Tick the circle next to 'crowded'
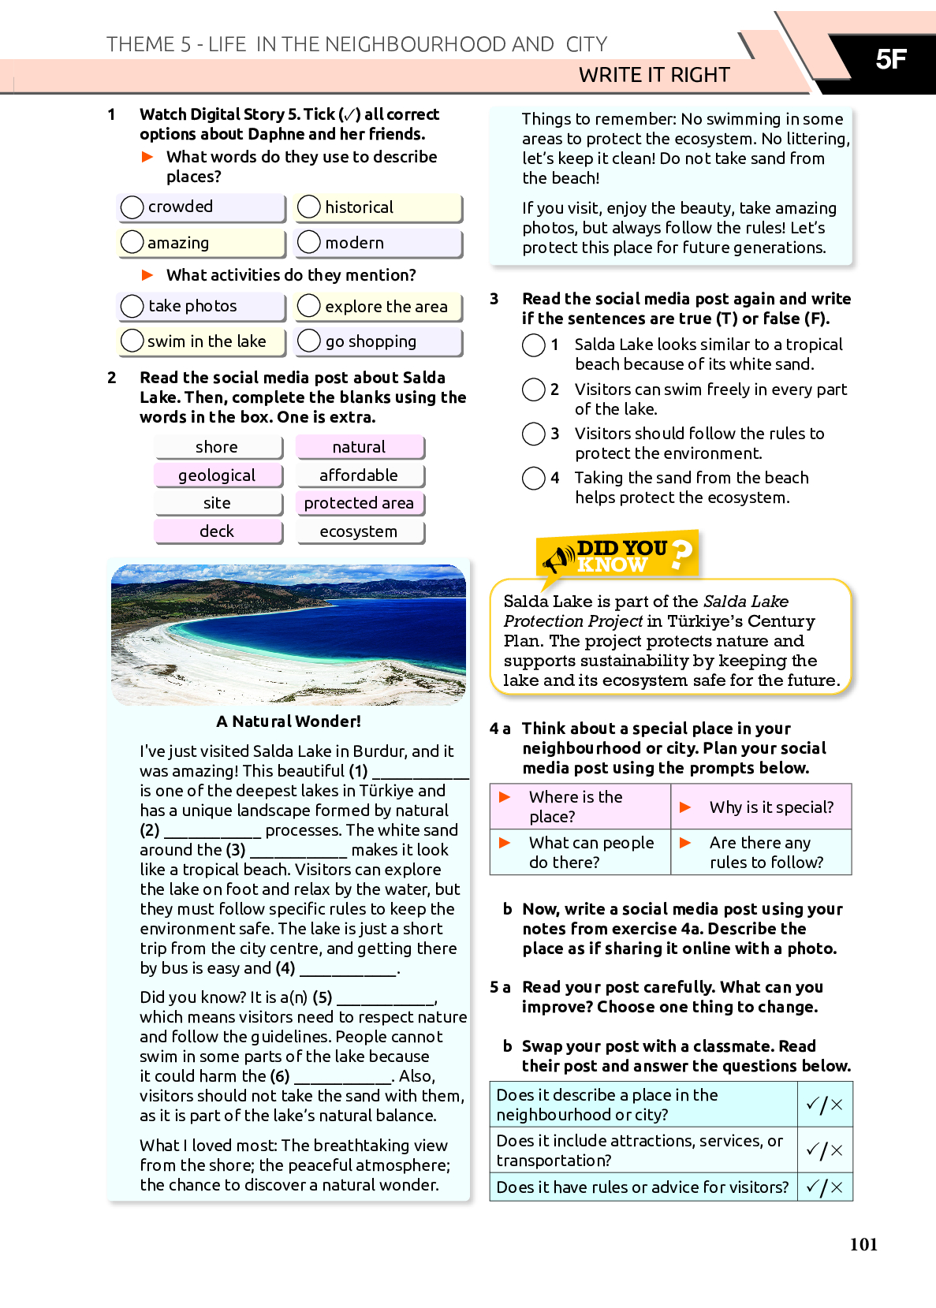coord(132,207)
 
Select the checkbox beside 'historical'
coord(309,207)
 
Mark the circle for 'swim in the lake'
coord(132,341)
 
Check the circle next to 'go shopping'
coord(309,341)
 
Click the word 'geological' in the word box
coord(217,475)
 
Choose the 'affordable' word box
coord(359,475)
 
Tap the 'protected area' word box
coord(359,503)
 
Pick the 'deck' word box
coord(217,531)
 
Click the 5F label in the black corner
coord(891,59)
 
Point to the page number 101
coord(863,1244)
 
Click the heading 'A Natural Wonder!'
coord(289,721)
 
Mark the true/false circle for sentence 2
coord(534,389)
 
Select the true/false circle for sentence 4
coord(534,478)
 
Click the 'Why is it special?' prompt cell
coord(762,807)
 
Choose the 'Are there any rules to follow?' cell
coord(762,852)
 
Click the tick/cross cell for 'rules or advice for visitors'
coord(825,1187)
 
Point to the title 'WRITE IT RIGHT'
coord(654,75)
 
